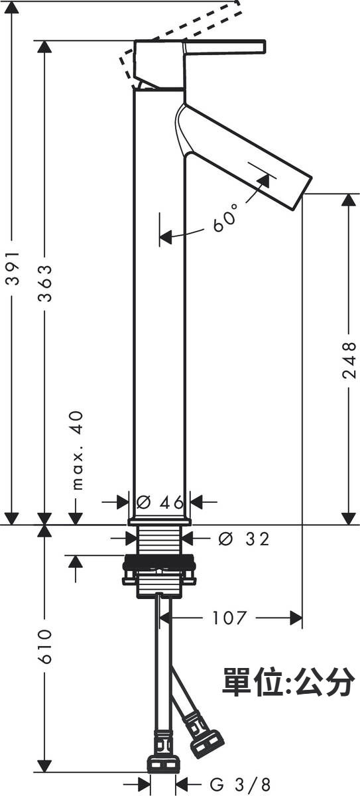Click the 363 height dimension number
[x=45, y=283]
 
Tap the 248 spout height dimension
[x=349, y=360]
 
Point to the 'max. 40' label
[x=78, y=450]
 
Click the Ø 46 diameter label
[x=160, y=503]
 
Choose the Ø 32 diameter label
[x=244, y=539]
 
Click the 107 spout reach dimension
[x=229, y=618]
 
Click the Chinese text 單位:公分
[x=288, y=681]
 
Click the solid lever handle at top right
[x=224, y=48]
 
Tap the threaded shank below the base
[x=160, y=540]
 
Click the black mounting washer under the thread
[x=159, y=563]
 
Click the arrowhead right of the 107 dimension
[x=296, y=618]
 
